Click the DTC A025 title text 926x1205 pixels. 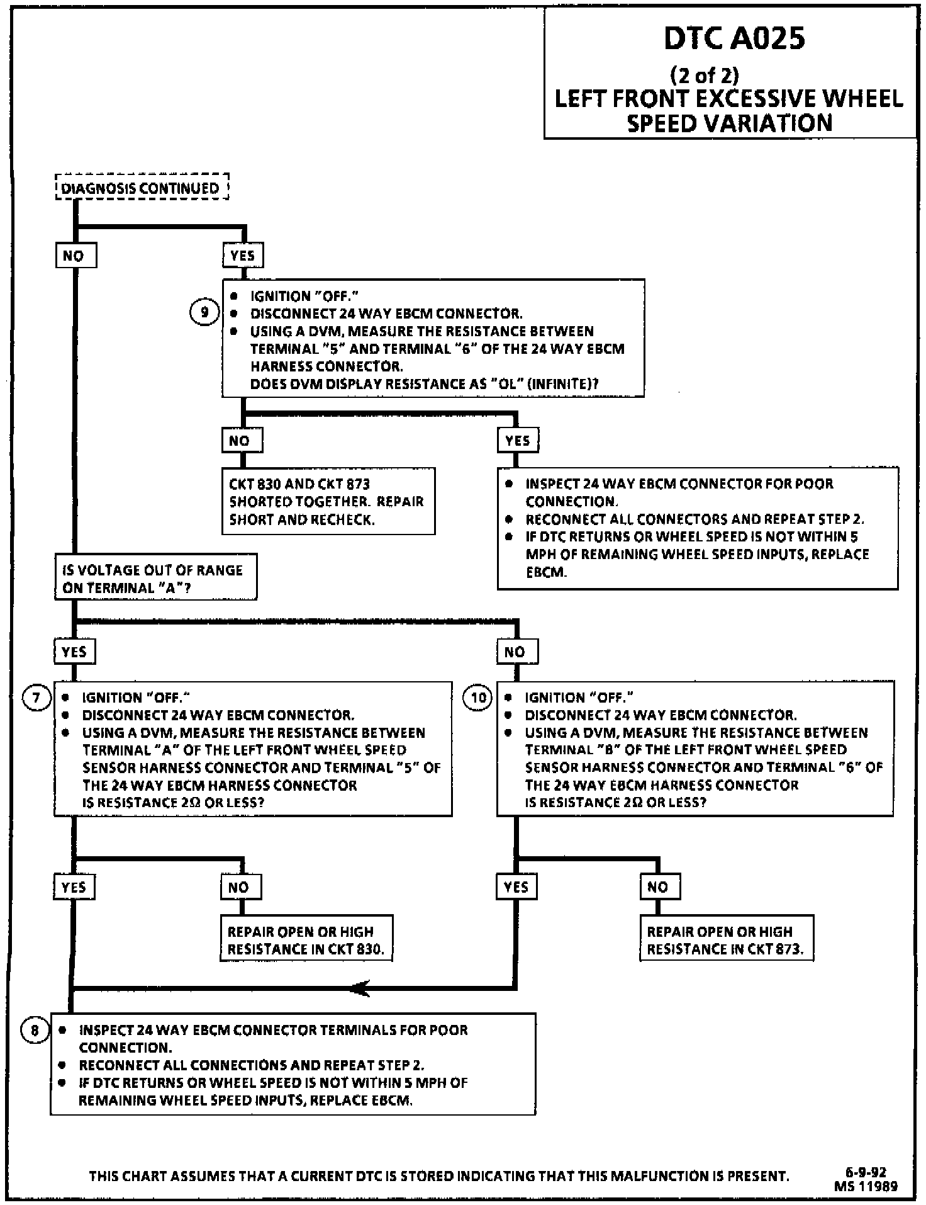coord(734,38)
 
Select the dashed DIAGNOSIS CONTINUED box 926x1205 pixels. coord(142,188)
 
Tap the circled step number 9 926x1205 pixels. coord(204,312)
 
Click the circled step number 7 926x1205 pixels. coord(36,698)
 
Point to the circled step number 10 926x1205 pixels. coord(478,698)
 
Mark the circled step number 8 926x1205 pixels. coord(35,1030)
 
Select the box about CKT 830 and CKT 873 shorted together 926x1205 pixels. coord(328,501)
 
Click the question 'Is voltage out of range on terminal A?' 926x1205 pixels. coord(155,578)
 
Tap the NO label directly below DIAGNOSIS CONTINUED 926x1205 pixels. coord(75,256)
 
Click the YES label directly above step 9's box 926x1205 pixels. coord(243,256)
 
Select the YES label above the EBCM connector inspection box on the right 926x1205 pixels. coord(518,441)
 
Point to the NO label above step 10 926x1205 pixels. coord(516,652)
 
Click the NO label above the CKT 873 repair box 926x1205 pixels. coord(659,887)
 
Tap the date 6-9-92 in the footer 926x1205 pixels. coord(866,1172)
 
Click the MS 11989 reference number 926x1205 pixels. coord(866,1186)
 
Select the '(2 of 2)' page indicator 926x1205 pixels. coord(705,76)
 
